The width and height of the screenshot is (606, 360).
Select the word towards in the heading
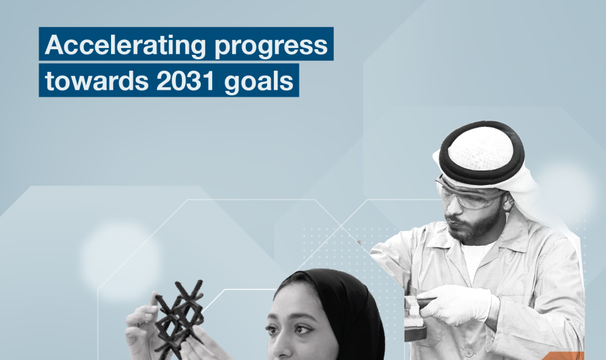[x=97, y=81]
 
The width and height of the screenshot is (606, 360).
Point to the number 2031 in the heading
[x=186, y=81]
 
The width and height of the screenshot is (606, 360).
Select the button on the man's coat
[x=469, y=352]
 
